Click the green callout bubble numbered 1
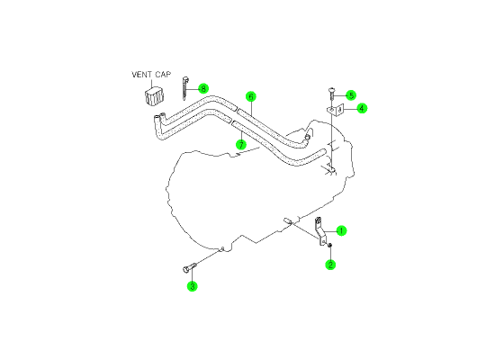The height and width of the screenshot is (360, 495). [x=341, y=230]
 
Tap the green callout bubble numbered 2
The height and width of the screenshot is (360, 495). [x=330, y=265]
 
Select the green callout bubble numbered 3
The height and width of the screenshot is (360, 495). [x=192, y=286]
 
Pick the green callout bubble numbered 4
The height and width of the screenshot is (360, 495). [x=362, y=109]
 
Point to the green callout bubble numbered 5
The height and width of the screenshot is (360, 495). [x=351, y=95]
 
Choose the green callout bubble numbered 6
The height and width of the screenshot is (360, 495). [x=251, y=96]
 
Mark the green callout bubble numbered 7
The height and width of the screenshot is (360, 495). [x=241, y=145]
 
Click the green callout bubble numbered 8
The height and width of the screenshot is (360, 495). [x=203, y=89]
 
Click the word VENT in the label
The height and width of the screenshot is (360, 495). [x=141, y=75]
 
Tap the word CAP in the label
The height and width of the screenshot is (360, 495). [x=163, y=75]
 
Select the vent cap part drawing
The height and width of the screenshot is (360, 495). [x=155, y=95]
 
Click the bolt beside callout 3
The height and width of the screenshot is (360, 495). [x=189, y=268]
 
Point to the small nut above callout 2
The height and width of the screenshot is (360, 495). [x=329, y=245]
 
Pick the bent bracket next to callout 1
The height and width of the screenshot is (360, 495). [x=319, y=231]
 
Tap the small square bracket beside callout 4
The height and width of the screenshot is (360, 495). [x=335, y=111]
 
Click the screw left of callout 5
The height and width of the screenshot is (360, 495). [x=331, y=94]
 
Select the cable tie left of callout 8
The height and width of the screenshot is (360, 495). [x=184, y=88]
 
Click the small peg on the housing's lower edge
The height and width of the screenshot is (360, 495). [x=288, y=220]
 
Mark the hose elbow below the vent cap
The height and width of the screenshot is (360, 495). [x=159, y=127]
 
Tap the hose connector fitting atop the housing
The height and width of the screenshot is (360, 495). [x=307, y=136]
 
